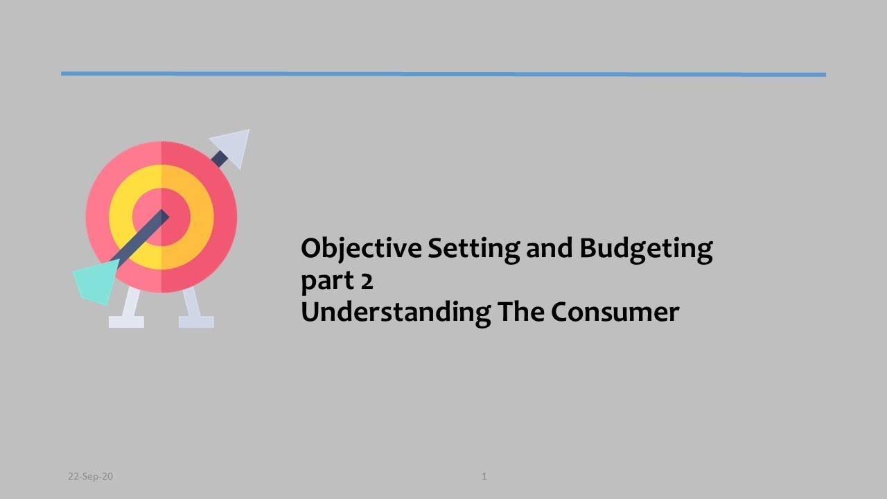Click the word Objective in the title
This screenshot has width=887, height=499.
(x=362, y=248)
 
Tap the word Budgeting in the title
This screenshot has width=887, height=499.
(x=646, y=248)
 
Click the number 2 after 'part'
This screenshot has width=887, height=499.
(x=367, y=281)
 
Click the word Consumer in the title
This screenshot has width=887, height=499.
(x=615, y=313)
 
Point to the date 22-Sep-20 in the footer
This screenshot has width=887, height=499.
(x=90, y=476)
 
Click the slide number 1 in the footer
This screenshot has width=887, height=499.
(x=484, y=476)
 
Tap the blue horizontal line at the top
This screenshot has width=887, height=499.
(x=443, y=73)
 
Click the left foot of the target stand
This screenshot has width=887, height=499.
(x=127, y=321)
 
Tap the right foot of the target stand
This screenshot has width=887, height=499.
(x=196, y=321)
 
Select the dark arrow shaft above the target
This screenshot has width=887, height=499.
(x=219, y=159)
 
